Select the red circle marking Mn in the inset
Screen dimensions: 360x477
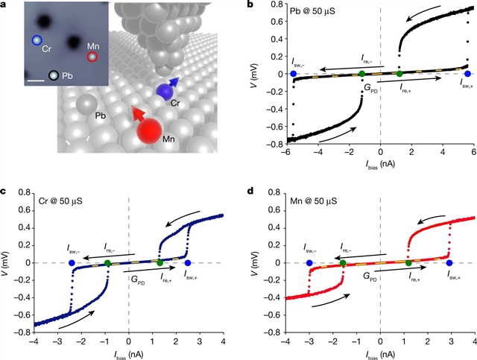pyautogui.click(x=92, y=57)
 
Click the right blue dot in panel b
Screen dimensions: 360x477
pyautogui.click(x=467, y=74)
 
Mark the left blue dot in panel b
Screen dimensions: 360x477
pyautogui.click(x=294, y=74)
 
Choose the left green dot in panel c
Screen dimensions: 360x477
pyautogui.click(x=107, y=263)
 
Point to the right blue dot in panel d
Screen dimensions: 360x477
pyautogui.click(x=449, y=263)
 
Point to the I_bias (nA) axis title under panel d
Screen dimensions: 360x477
pyautogui.click(x=379, y=353)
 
